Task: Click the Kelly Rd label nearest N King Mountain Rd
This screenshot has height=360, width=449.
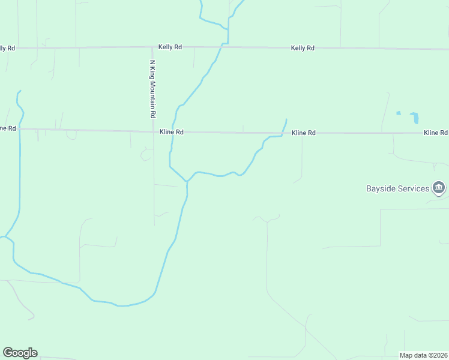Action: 170,47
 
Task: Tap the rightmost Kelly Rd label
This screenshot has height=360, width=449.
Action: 302,47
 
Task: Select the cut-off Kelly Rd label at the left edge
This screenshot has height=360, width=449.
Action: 7,47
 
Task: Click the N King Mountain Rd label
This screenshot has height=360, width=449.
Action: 152,89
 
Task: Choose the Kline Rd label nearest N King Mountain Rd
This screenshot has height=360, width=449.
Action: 171,131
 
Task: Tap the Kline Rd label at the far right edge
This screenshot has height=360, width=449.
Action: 435,133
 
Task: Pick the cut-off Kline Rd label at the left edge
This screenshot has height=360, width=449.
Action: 8,128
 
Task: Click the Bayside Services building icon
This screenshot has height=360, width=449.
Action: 439,188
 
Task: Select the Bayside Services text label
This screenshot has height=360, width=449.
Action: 397,188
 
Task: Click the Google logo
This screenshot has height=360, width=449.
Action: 20,353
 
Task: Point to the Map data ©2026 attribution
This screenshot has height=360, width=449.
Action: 423,355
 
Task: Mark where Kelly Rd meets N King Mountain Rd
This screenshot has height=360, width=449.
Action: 152,47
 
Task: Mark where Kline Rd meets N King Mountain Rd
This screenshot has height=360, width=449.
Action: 153,131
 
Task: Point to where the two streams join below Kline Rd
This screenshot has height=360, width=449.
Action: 187,181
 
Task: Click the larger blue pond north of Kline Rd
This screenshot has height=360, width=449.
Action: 414,118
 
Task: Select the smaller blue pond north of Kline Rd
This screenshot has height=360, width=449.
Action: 398,112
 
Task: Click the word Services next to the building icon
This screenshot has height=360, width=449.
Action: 414,188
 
